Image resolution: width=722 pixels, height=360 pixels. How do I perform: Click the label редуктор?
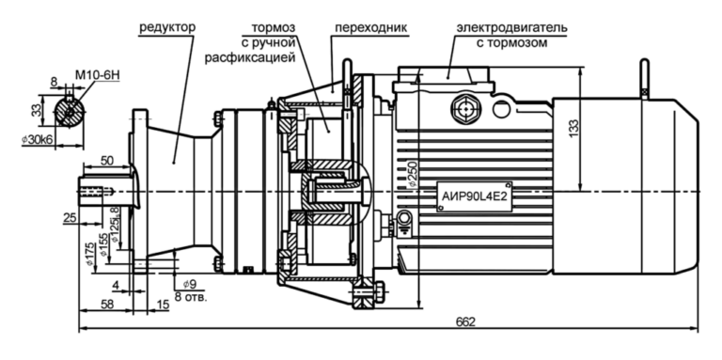pyautogui.click(x=167, y=27)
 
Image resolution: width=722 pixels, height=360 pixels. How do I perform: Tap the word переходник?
pyautogui.click(x=370, y=27)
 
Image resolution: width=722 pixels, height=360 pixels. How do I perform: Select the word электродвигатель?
pyautogui.click(x=512, y=27)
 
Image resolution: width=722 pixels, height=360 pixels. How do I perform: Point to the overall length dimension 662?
pyautogui.click(x=465, y=321)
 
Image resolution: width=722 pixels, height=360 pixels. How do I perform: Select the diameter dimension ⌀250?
pyautogui.click(x=413, y=174)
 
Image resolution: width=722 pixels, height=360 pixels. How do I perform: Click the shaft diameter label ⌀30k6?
pyautogui.click(x=39, y=140)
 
